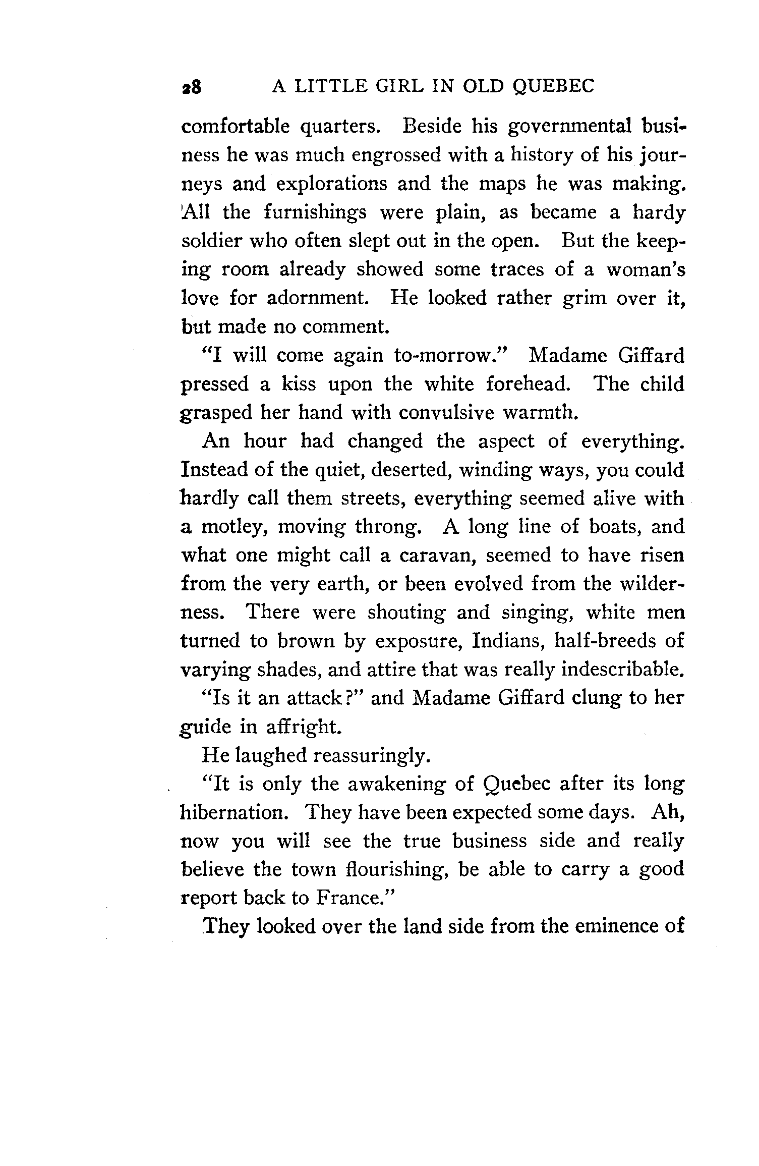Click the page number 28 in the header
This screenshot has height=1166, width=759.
coord(192,87)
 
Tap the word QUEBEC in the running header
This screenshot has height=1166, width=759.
coord(553,87)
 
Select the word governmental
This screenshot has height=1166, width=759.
coord(570,126)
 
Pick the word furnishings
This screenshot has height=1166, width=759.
coord(315,212)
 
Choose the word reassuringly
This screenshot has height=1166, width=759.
coord(372,755)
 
